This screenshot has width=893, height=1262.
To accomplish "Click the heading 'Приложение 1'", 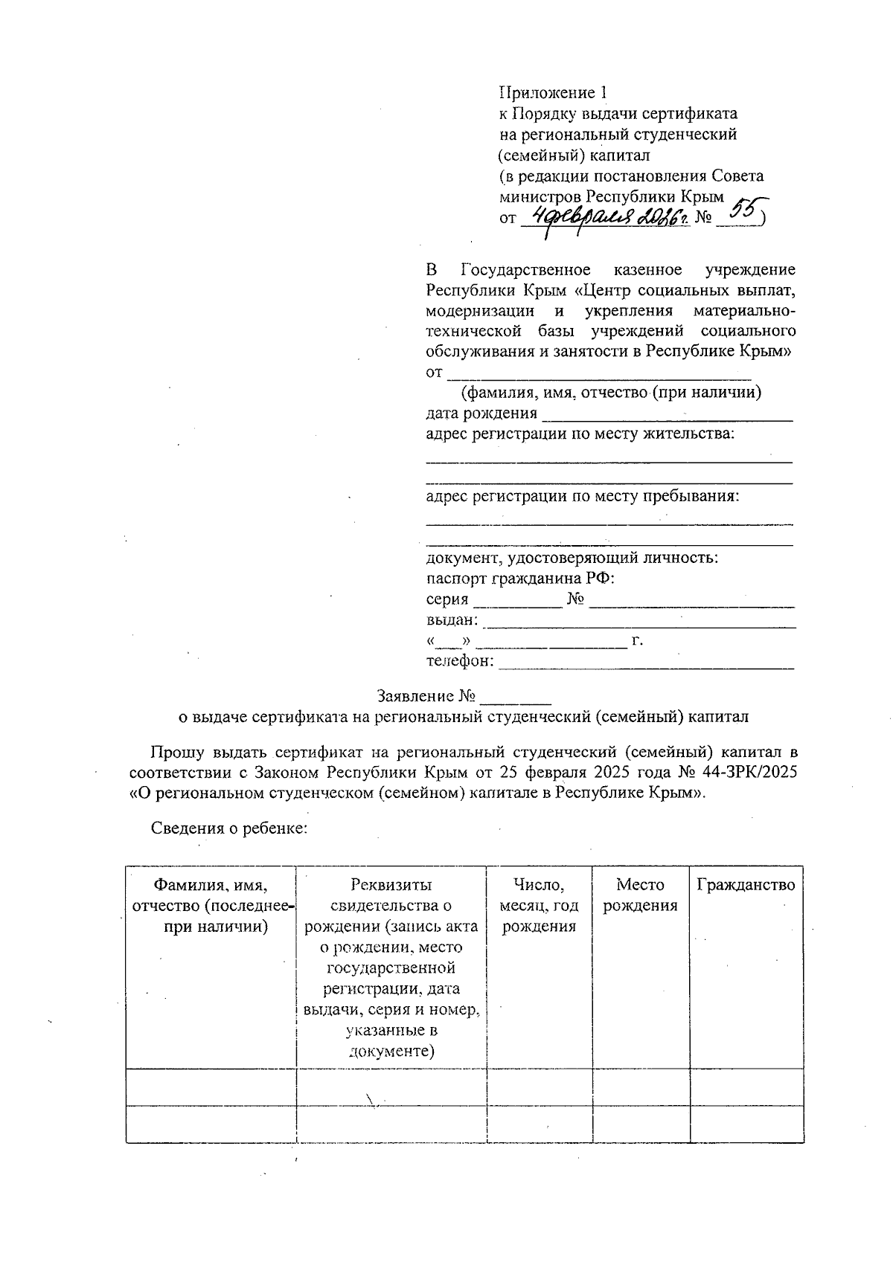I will pyautogui.click(x=553, y=93).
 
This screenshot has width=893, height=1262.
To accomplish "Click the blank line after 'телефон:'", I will pyautogui.click(x=645, y=663).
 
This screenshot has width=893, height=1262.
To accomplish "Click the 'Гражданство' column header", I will pyautogui.click(x=746, y=885).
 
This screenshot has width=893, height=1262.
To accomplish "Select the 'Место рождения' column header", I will pyautogui.click(x=640, y=895).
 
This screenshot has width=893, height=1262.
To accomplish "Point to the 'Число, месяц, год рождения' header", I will pyautogui.click(x=539, y=906).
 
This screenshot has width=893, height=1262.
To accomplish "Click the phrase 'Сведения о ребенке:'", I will pyautogui.click(x=229, y=828).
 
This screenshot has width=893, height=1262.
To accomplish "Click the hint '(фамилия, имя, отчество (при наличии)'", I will pyautogui.click(x=610, y=393).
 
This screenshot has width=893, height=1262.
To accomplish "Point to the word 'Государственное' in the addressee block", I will pyautogui.click(x=525, y=269).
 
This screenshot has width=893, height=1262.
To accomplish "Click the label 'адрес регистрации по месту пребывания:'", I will pyautogui.click(x=583, y=496).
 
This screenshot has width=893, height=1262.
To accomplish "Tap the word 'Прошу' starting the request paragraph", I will pyautogui.click(x=173, y=751).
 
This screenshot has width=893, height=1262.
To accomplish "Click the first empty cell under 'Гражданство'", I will pyautogui.click(x=746, y=1087).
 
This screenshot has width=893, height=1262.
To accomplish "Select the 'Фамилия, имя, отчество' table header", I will pyautogui.click(x=211, y=906).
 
